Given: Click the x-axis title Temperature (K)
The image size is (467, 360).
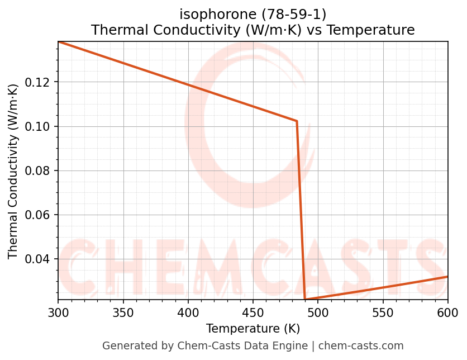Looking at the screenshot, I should [252, 328].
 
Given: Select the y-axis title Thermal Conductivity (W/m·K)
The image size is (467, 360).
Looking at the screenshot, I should [13, 170].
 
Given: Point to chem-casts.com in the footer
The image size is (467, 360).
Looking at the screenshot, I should [361, 346].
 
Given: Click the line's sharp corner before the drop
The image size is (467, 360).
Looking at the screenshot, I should [297, 121].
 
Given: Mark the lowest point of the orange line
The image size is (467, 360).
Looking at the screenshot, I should [304, 300].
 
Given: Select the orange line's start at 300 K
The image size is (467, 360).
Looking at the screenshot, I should [59, 41].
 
